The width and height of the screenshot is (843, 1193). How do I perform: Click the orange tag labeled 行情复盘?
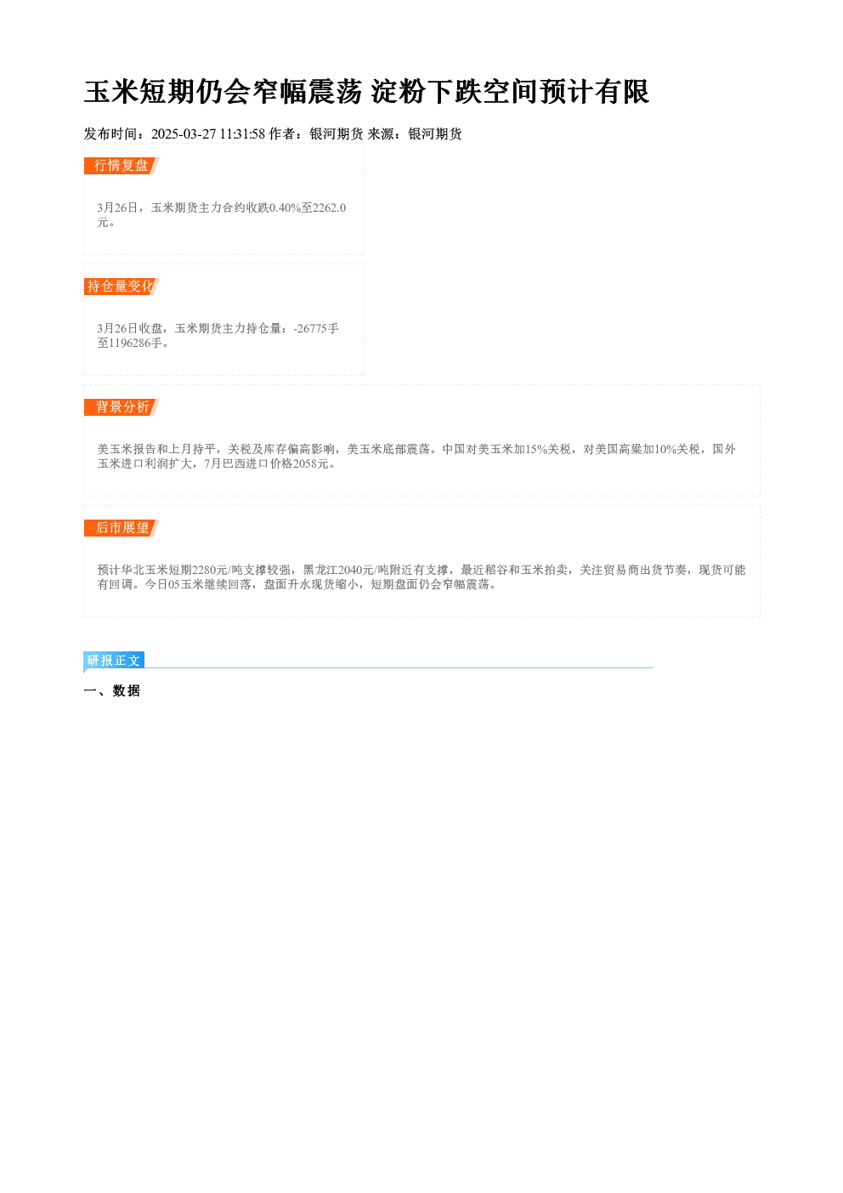(122, 166)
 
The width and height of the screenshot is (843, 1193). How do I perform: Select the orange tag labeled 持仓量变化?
(122, 287)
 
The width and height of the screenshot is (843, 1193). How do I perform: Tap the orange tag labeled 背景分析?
(122, 407)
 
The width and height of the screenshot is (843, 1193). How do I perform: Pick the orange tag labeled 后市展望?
(122, 528)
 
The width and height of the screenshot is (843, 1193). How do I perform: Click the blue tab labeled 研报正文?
(114, 661)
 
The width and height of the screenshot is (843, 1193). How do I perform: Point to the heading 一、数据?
(112, 690)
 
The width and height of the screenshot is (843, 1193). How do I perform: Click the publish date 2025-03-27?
(184, 134)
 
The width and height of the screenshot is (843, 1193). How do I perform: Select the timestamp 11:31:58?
(242, 134)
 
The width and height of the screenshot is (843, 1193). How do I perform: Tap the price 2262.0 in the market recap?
(330, 207)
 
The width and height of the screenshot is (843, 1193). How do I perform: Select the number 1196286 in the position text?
(129, 343)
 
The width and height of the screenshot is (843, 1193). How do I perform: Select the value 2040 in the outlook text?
(349, 571)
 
